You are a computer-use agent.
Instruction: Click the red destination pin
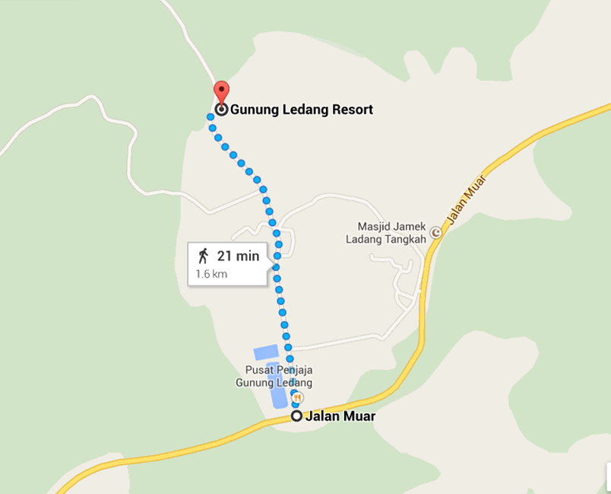pos(221,91)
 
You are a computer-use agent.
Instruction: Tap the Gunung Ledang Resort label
pos(301,110)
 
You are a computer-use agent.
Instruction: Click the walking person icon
pos(203,256)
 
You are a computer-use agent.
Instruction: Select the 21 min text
pos(238,257)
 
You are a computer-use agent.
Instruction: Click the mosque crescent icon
pos(435,233)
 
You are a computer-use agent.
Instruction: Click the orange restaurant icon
pos(298,397)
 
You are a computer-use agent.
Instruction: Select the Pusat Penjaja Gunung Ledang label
pos(274,377)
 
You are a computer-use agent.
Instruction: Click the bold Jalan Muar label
pos(340,416)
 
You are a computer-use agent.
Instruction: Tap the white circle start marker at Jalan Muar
pos(297,416)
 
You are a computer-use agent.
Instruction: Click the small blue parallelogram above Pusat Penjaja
pos(266,352)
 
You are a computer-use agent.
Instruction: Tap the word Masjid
pos(373,226)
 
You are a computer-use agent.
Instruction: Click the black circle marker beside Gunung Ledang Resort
pos(221,110)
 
